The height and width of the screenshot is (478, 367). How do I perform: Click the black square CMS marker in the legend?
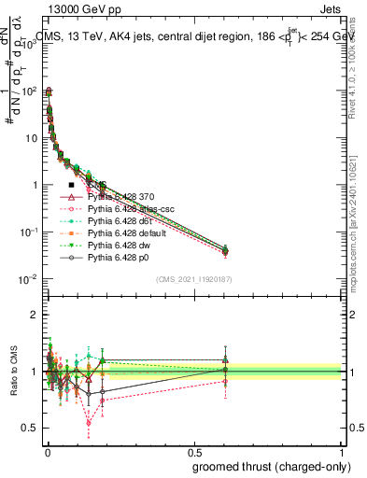pyautogui.click(x=71, y=186)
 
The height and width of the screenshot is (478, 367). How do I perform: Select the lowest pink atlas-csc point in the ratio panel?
pyautogui.click(x=115, y=423)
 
